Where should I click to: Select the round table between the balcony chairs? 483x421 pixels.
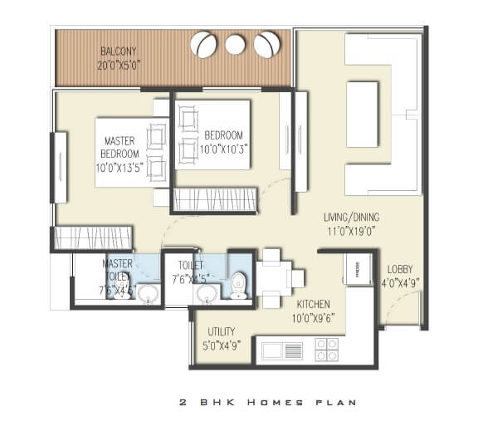[235, 45]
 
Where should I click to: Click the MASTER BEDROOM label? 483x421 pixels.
[120, 147]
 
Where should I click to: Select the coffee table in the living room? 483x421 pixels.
[362, 114]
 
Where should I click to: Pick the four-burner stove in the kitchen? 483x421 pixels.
[326, 349]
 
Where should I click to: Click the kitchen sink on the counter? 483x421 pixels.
[281, 350]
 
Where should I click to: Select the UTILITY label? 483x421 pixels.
[222, 330]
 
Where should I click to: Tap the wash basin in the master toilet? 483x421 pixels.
[149, 294]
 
